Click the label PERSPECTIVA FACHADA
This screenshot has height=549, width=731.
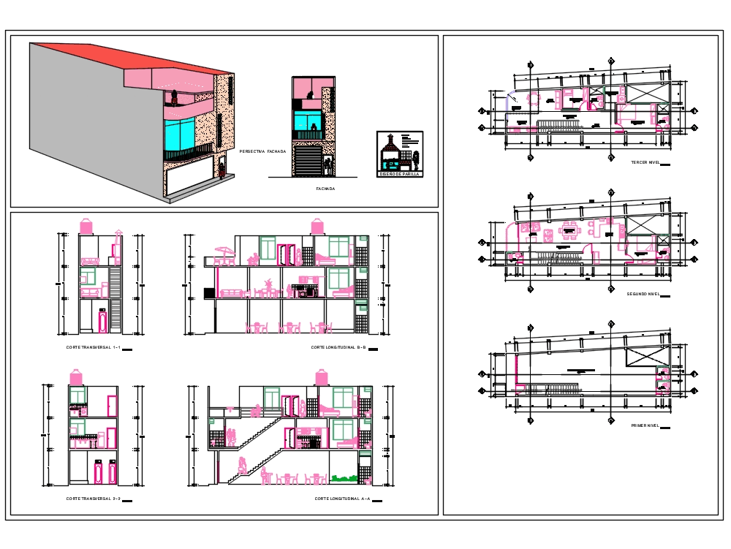click(262, 151)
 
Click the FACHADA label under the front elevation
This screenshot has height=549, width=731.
click(325, 189)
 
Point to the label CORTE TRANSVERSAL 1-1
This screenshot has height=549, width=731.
click(92, 347)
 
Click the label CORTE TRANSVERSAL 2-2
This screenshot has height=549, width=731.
click(92, 499)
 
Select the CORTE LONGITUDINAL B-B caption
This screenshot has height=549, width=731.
click(338, 347)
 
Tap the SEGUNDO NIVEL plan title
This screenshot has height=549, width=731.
click(643, 294)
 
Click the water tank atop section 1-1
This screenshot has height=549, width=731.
click(86, 225)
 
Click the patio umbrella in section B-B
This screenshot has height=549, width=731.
click(224, 251)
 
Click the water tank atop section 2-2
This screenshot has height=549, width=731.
click(76, 377)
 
